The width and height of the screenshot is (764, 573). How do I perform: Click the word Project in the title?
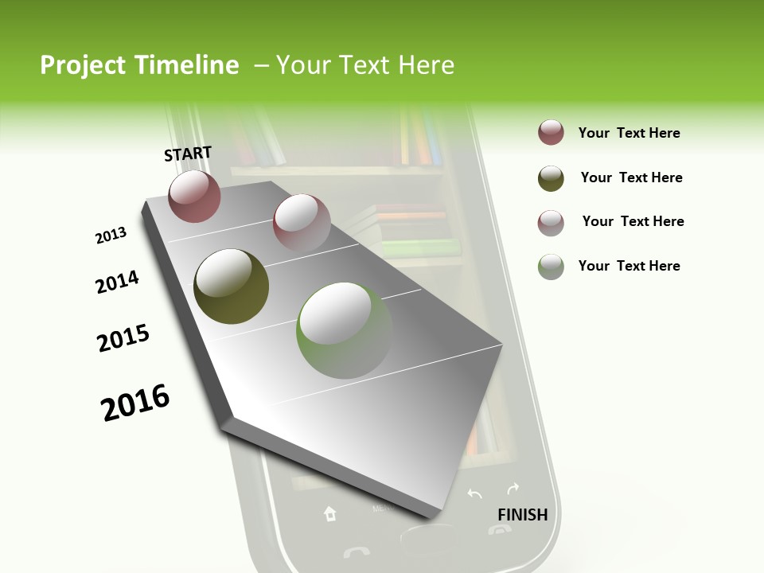click(x=83, y=65)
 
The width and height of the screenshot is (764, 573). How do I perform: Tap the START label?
click(x=188, y=154)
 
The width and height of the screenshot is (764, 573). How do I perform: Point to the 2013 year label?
click(x=111, y=236)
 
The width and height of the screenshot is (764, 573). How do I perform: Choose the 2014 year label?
click(x=117, y=282)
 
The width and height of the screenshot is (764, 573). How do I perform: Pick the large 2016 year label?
click(x=135, y=403)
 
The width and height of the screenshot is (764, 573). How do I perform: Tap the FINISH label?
click(x=522, y=515)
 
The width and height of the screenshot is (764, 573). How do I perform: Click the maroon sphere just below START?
click(x=194, y=196)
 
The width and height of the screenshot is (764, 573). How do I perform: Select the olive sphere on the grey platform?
click(x=231, y=286)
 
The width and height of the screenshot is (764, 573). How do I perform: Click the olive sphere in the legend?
click(x=551, y=178)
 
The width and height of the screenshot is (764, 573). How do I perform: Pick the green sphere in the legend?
click(x=551, y=267)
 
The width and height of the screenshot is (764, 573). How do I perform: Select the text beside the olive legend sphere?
click(x=631, y=177)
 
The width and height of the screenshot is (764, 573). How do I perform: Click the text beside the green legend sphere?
click(x=629, y=266)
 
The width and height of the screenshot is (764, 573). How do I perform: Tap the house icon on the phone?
click(x=330, y=514)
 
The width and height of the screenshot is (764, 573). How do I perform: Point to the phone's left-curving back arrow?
click(x=474, y=494)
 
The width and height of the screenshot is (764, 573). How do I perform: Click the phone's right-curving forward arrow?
click(x=513, y=487)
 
